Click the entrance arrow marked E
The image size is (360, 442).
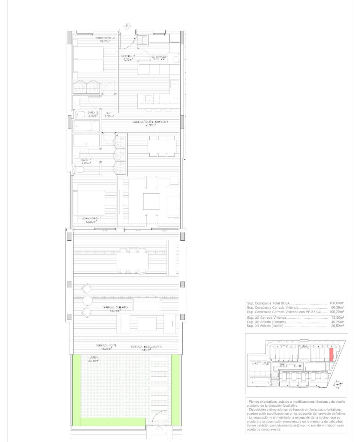128,26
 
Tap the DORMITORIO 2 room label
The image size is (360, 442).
105,40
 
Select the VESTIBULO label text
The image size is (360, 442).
128,58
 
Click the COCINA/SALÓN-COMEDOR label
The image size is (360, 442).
151,123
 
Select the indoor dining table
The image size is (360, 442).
162,146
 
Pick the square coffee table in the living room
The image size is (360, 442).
151,201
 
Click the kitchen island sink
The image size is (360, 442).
148,98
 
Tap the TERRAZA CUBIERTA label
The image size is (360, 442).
115,309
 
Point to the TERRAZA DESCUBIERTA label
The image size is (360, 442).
146,348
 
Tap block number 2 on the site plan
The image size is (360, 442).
291,347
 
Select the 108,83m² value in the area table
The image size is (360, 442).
337,303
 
